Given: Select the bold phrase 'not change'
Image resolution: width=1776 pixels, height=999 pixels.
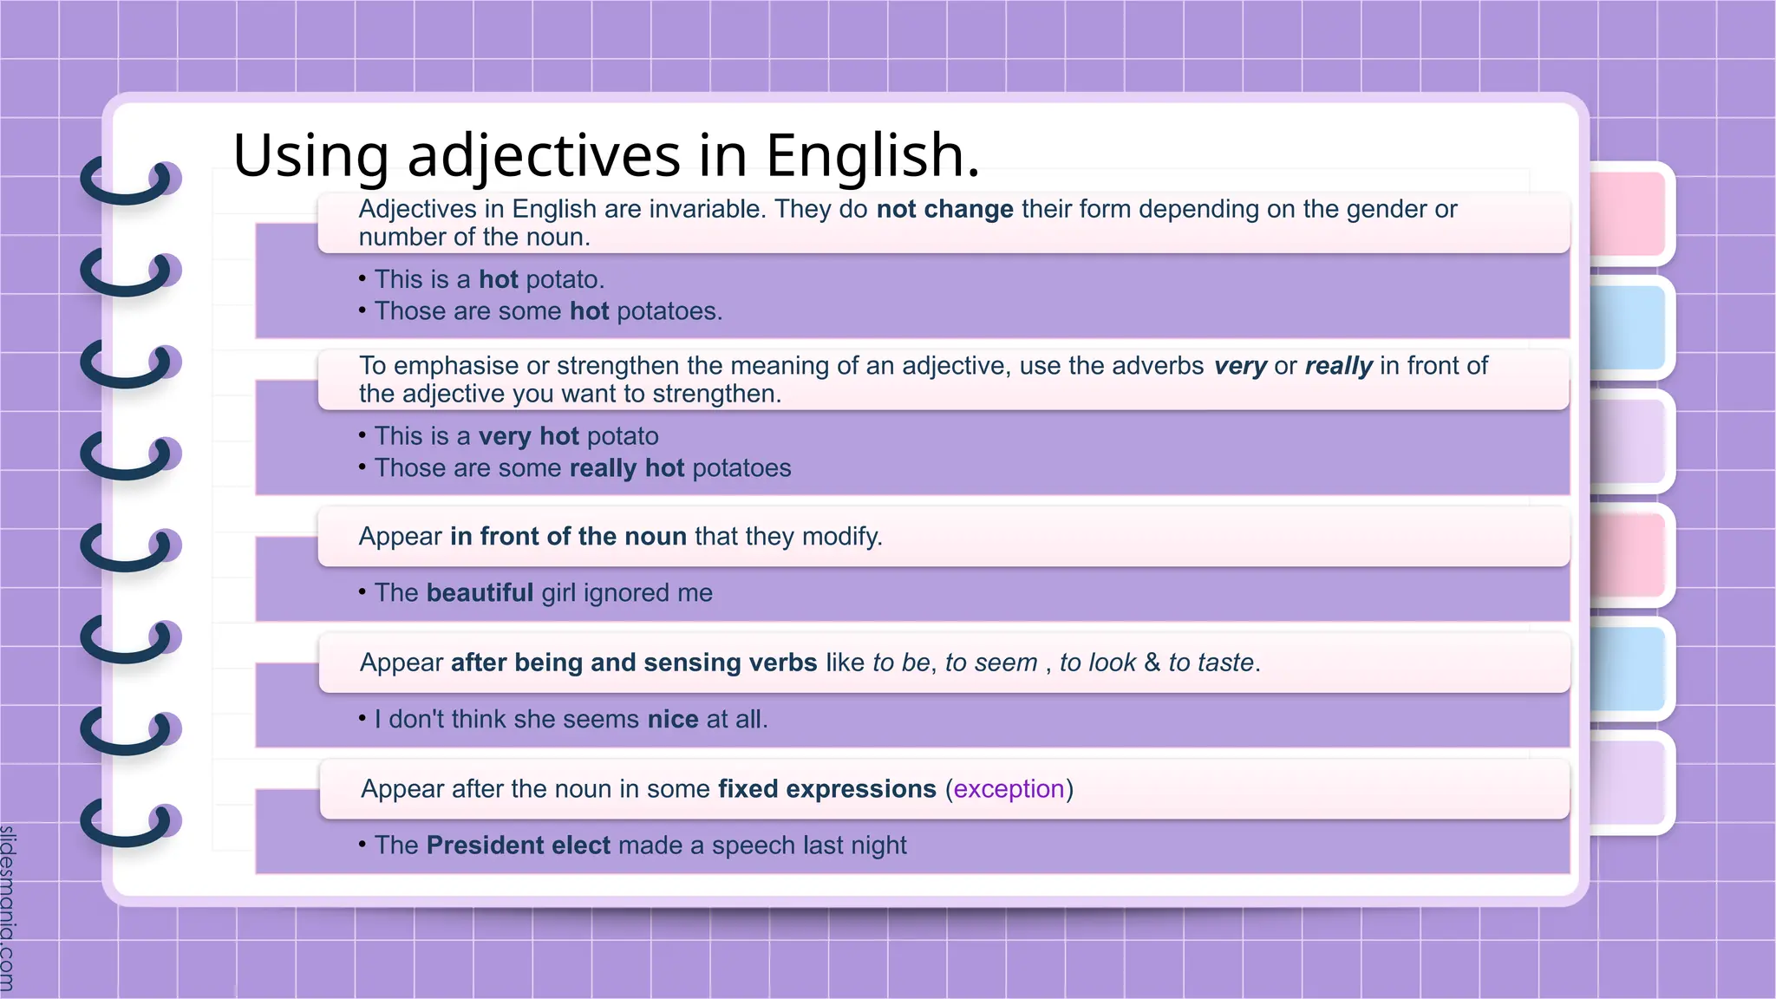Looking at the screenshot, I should pos(944,209).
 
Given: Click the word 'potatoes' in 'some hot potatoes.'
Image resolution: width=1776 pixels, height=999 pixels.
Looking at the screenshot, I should pos(669,311).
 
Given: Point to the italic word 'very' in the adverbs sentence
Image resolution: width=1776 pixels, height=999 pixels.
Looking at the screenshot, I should pos(1240,366).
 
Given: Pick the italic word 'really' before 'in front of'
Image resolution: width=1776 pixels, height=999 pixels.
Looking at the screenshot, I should pos(1338,366).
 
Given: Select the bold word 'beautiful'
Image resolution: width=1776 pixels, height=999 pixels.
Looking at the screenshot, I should pos(480,593).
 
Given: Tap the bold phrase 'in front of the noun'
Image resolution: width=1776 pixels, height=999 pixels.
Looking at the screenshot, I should pos(568,536).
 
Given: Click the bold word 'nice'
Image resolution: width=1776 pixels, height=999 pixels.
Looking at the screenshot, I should pos(673,720).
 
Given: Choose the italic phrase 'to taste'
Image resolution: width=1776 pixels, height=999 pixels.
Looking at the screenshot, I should pos(1211,663).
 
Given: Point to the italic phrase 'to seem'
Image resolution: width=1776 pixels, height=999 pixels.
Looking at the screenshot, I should pos(991,663).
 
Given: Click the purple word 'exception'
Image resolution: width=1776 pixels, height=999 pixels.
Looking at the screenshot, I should pos(1009,789).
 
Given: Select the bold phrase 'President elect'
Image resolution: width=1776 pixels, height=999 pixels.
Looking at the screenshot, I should pos(518,846).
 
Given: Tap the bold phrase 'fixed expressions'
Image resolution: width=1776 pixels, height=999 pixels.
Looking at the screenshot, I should pos(827,789).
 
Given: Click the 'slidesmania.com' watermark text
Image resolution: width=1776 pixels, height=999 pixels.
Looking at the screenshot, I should pos(8,907).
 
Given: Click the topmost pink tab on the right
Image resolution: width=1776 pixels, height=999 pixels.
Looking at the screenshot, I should pos(1629,213).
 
